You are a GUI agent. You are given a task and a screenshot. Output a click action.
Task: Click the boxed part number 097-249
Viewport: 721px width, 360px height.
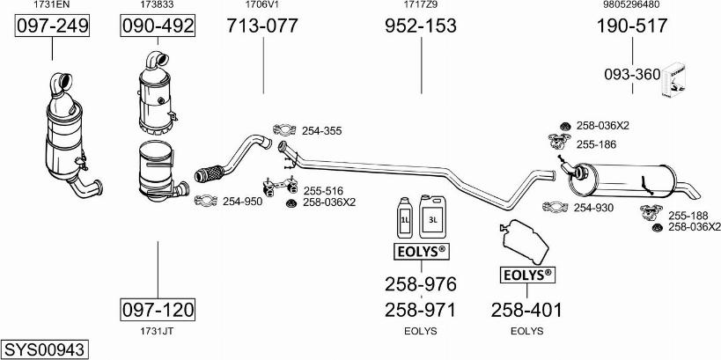coord(53,26)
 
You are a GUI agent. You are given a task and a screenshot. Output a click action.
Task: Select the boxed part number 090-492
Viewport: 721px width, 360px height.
coord(158,26)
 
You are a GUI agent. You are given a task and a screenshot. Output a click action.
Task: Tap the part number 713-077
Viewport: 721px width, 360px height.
coord(262,26)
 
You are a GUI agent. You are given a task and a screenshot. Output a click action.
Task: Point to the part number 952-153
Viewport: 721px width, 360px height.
coord(421,26)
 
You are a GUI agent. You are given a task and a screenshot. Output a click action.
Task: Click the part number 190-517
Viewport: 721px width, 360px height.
coord(632,26)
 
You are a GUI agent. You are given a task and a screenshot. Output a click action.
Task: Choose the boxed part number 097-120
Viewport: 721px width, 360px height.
coord(158,310)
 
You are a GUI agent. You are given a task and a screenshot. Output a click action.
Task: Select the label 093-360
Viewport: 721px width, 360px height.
coord(631,75)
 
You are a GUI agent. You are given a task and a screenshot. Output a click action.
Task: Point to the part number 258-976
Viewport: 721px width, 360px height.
coord(421,284)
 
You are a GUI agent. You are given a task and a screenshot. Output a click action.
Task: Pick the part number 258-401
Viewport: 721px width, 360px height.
coord(526,310)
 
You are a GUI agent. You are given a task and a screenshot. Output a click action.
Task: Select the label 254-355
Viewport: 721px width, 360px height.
coord(321,131)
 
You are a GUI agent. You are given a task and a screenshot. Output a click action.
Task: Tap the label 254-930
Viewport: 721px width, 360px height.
coord(593,208)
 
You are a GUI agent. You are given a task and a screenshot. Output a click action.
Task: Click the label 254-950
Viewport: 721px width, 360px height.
coord(242,202)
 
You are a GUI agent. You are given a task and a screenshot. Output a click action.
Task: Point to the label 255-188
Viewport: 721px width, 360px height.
coord(688,216)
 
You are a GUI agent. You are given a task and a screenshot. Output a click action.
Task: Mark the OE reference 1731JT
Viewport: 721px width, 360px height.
coord(158,332)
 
